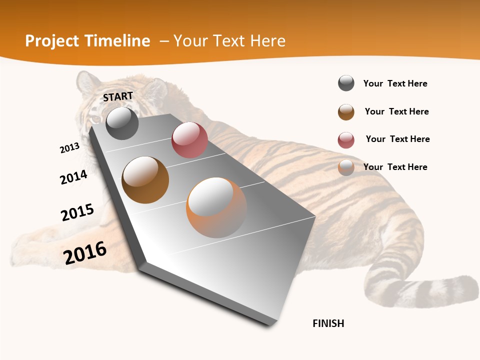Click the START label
(118, 96)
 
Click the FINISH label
(328, 323)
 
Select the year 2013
(69, 148)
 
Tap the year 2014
(73, 177)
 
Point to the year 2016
(85, 252)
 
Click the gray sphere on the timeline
(122, 123)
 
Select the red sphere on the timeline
(189, 140)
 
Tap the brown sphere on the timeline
(145, 180)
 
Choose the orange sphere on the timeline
(216, 207)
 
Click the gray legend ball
(346, 83)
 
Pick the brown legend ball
(346, 112)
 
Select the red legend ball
(346, 140)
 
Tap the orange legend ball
(346, 167)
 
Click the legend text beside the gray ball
(395, 83)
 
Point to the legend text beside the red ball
(397, 139)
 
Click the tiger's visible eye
(95, 118)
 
